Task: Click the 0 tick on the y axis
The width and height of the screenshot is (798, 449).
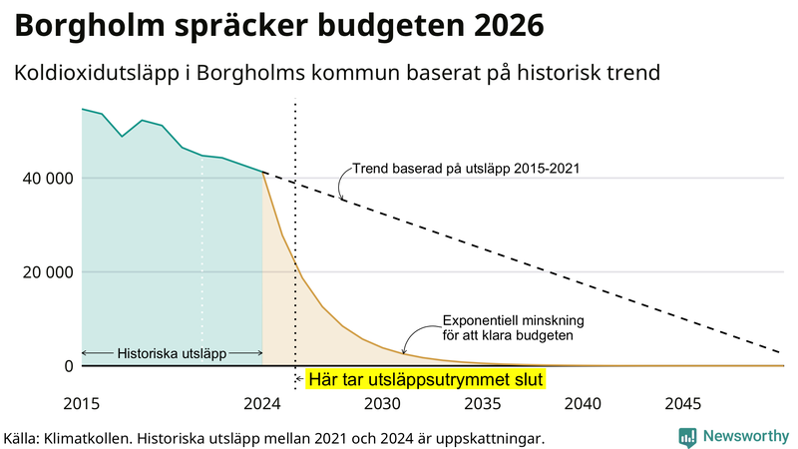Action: coord(69,366)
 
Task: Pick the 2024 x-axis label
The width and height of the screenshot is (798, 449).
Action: coord(262,405)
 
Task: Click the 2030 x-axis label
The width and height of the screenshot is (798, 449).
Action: coord(382,405)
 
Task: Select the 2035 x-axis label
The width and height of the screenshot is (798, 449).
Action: coord(483,405)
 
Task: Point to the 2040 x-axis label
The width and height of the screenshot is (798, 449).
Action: coord(583,405)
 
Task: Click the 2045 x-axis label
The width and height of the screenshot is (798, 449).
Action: coord(683,405)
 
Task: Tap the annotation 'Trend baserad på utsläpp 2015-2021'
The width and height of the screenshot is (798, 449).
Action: coord(466,169)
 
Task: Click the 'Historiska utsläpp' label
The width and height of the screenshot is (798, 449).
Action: coord(172,353)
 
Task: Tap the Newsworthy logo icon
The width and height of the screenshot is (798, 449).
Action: coord(687,436)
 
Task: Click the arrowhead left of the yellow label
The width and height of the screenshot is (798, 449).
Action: coord(299,380)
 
